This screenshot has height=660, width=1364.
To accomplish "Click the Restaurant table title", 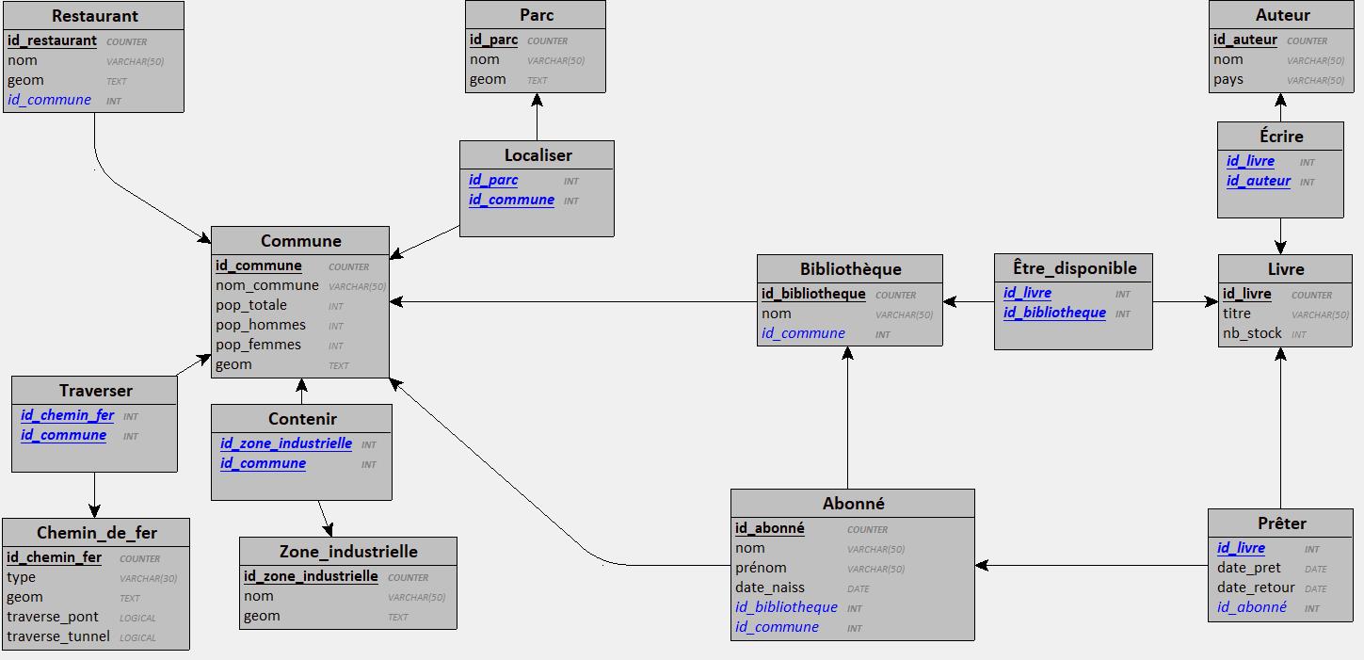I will tap(94, 16).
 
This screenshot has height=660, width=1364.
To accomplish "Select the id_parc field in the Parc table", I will tap(493, 40).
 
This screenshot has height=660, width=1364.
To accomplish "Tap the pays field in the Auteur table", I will tap(1228, 79).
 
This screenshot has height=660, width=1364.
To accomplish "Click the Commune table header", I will tap(300, 241).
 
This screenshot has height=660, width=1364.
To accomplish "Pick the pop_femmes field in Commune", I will tap(258, 345).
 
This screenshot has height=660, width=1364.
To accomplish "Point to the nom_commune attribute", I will tap(267, 285).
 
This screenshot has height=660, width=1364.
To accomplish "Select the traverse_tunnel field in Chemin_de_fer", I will tap(57, 636).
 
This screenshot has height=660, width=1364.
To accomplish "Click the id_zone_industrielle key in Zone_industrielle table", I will tap(311, 576).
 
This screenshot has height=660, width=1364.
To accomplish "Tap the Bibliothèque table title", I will tap(850, 269).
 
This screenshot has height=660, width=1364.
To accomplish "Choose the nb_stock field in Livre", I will tap(1252, 333).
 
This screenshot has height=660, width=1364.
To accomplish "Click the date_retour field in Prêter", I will tap(1256, 588).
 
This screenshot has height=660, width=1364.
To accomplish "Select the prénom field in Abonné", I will tap(761, 568).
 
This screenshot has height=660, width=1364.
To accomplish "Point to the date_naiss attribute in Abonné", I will tap(769, 588).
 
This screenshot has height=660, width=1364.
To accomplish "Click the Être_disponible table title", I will tap(1074, 268).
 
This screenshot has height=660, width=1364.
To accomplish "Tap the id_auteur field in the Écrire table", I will tap(1258, 181).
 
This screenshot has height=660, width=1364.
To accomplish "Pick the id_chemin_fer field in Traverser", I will tap(67, 415).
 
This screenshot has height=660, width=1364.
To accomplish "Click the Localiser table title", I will tap(538, 155).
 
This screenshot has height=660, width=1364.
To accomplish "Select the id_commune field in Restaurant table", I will tap(49, 100).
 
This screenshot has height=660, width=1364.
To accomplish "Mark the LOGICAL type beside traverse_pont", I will tap(137, 618).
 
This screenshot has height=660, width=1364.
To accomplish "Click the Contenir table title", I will tap(302, 419).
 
